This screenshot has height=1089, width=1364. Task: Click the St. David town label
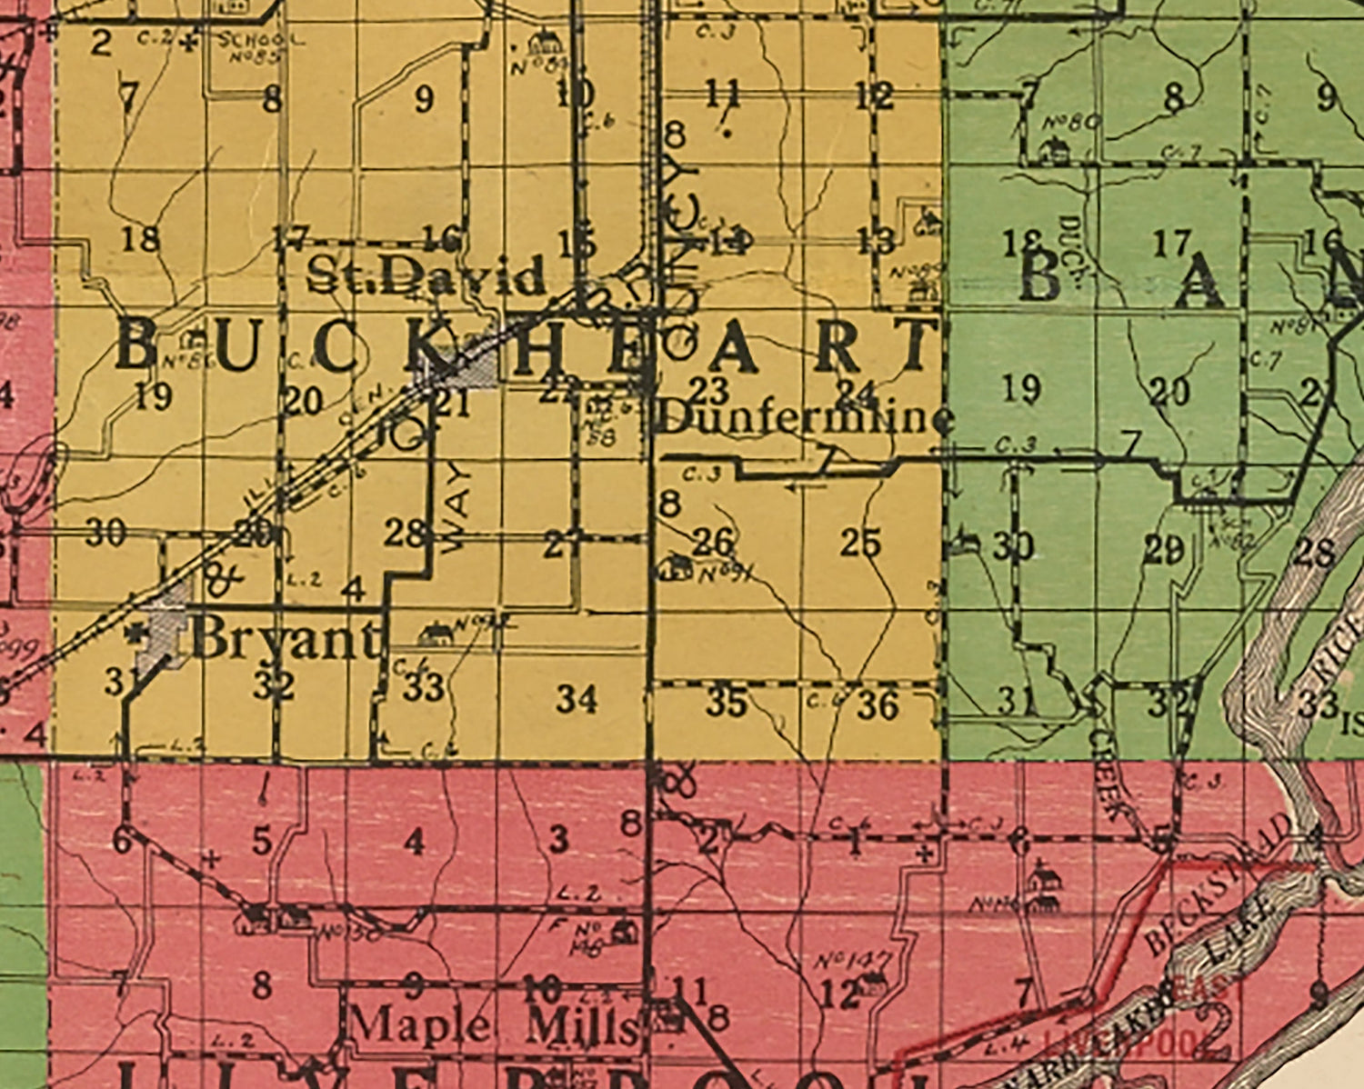(x=426, y=275)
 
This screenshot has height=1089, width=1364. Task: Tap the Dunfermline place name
(x=805, y=419)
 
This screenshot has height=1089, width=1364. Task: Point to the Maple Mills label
(x=494, y=1026)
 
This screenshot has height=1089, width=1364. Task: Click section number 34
(x=577, y=699)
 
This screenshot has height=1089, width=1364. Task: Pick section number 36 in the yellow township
(x=878, y=704)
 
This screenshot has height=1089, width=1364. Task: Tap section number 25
(x=859, y=543)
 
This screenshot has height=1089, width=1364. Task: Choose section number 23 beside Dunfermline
(x=708, y=391)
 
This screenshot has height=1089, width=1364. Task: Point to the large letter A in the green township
(x=1199, y=282)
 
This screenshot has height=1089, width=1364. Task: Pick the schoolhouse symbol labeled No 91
(x=676, y=568)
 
